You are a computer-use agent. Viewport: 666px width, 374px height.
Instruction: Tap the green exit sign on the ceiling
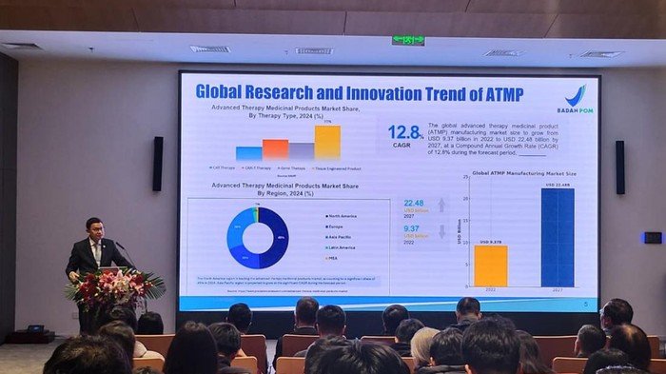click(x=407, y=41)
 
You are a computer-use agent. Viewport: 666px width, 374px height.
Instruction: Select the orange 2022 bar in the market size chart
click(x=491, y=266)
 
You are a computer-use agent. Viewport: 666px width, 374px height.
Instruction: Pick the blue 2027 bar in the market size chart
click(x=558, y=237)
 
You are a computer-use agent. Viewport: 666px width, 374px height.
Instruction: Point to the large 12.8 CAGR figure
click(x=404, y=132)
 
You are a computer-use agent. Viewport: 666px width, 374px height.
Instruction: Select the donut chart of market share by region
click(x=258, y=237)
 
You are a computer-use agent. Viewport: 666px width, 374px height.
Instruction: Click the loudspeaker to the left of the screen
click(x=157, y=164)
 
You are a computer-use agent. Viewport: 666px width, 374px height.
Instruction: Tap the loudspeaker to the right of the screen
click(x=619, y=167)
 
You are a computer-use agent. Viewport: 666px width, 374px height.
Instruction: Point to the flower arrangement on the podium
click(x=118, y=286)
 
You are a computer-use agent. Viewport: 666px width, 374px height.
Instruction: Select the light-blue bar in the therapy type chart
click(x=249, y=152)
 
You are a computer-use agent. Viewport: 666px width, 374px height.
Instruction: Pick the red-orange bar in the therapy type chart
click(x=275, y=148)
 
